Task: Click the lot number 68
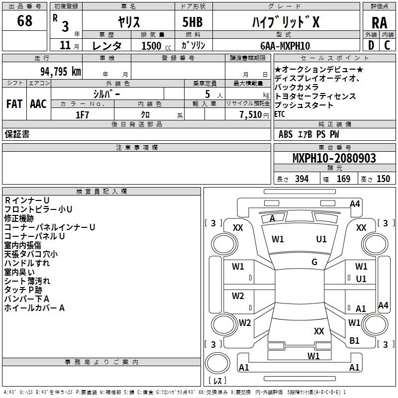pyautogui.click(x=24, y=21)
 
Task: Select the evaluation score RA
pyautogui.click(x=379, y=22)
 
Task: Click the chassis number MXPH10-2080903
pyautogui.click(x=334, y=158)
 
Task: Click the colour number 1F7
pyautogui.click(x=82, y=114)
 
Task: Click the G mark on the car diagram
pyautogui.click(x=314, y=262)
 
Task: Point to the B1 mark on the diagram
pyautogui.click(x=354, y=340)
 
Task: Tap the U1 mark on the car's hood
pyautogui.click(x=321, y=239)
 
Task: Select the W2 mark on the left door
pyautogui.click(x=238, y=296)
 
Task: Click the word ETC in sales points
pyautogui.click(x=280, y=114)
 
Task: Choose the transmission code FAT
pyautogui.click(x=13, y=104)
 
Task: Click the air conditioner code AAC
pyautogui.click(x=38, y=104)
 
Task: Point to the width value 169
pyautogui.click(x=343, y=179)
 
